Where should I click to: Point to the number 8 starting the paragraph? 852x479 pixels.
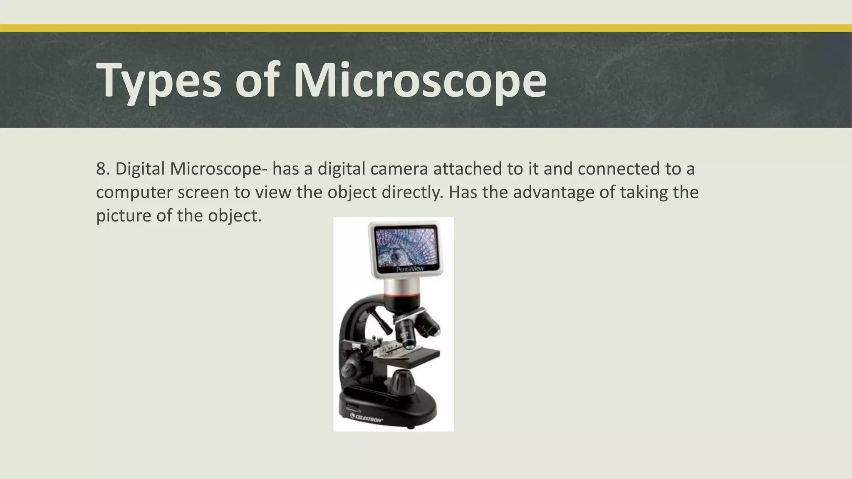coord(101,169)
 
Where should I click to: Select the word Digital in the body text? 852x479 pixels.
coord(140,169)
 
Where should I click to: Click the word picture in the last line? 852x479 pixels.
coord(124,215)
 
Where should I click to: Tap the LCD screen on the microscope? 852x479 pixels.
coord(404,247)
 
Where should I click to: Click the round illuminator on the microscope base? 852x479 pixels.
coord(402,380)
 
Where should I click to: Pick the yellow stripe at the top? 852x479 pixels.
coord(426,28)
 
